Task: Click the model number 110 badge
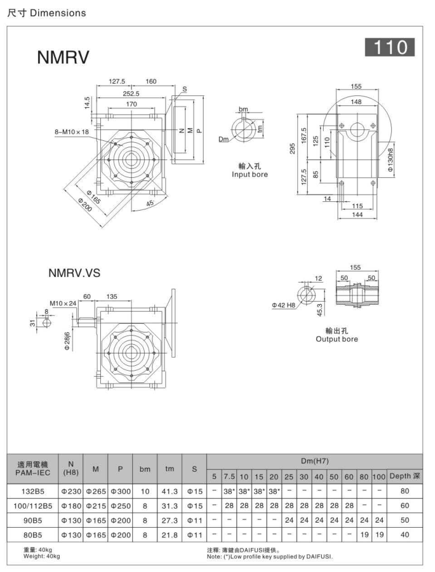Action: pyautogui.click(x=389, y=47)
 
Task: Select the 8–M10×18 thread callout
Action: pyautogui.click(x=72, y=131)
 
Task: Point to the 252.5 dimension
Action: pyautogui.click(x=131, y=94)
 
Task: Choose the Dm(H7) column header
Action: pyautogui.click(x=315, y=460)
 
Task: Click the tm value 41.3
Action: pyautogui.click(x=169, y=493)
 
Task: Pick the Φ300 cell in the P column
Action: pyautogui.click(x=121, y=493)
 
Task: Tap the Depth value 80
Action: pyautogui.click(x=404, y=493)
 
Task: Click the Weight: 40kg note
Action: pyautogui.click(x=42, y=557)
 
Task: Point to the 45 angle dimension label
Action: pyautogui.click(x=150, y=203)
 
